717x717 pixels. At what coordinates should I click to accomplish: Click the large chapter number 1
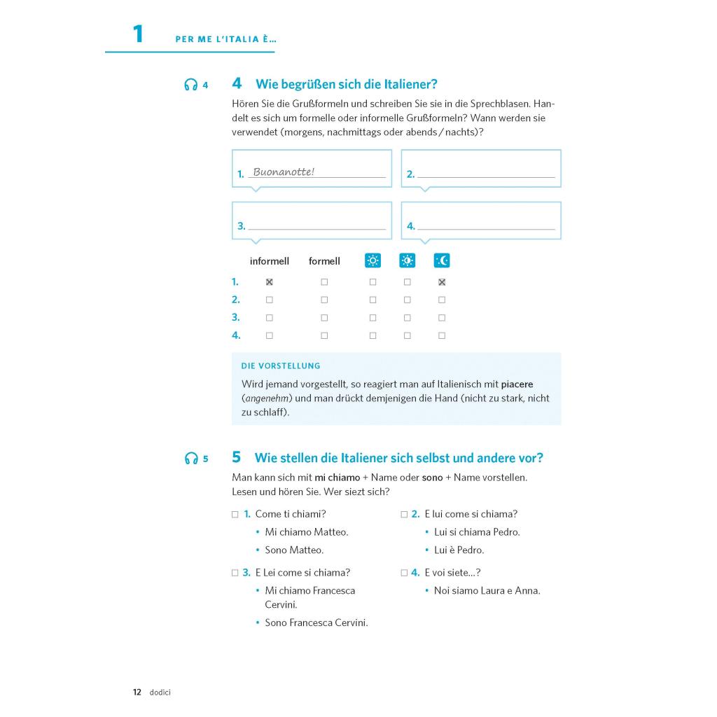click(x=138, y=34)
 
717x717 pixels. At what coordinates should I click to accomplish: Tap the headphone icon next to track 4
click(x=190, y=85)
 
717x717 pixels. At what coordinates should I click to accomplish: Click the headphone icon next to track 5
click(x=190, y=459)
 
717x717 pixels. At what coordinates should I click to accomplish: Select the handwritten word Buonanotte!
click(x=284, y=172)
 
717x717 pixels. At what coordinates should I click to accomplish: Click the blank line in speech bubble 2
click(x=486, y=175)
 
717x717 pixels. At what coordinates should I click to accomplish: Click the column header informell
click(x=270, y=261)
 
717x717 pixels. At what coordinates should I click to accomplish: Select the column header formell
click(x=324, y=261)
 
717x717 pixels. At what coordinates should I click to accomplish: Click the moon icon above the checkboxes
click(x=442, y=260)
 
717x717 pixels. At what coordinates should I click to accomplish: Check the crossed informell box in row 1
click(x=270, y=282)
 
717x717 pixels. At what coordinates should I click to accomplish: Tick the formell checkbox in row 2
click(x=324, y=300)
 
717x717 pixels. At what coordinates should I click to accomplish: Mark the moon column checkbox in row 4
click(x=442, y=335)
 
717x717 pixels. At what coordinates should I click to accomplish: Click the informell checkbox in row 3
click(x=270, y=318)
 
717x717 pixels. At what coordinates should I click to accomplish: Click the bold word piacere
click(x=517, y=384)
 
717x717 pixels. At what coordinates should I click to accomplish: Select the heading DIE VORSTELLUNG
click(x=281, y=366)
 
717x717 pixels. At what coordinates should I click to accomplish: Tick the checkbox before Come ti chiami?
click(x=235, y=514)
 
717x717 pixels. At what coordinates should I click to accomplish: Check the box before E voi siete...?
click(x=404, y=573)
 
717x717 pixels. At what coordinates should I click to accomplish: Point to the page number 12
click(x=137, y=692)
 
